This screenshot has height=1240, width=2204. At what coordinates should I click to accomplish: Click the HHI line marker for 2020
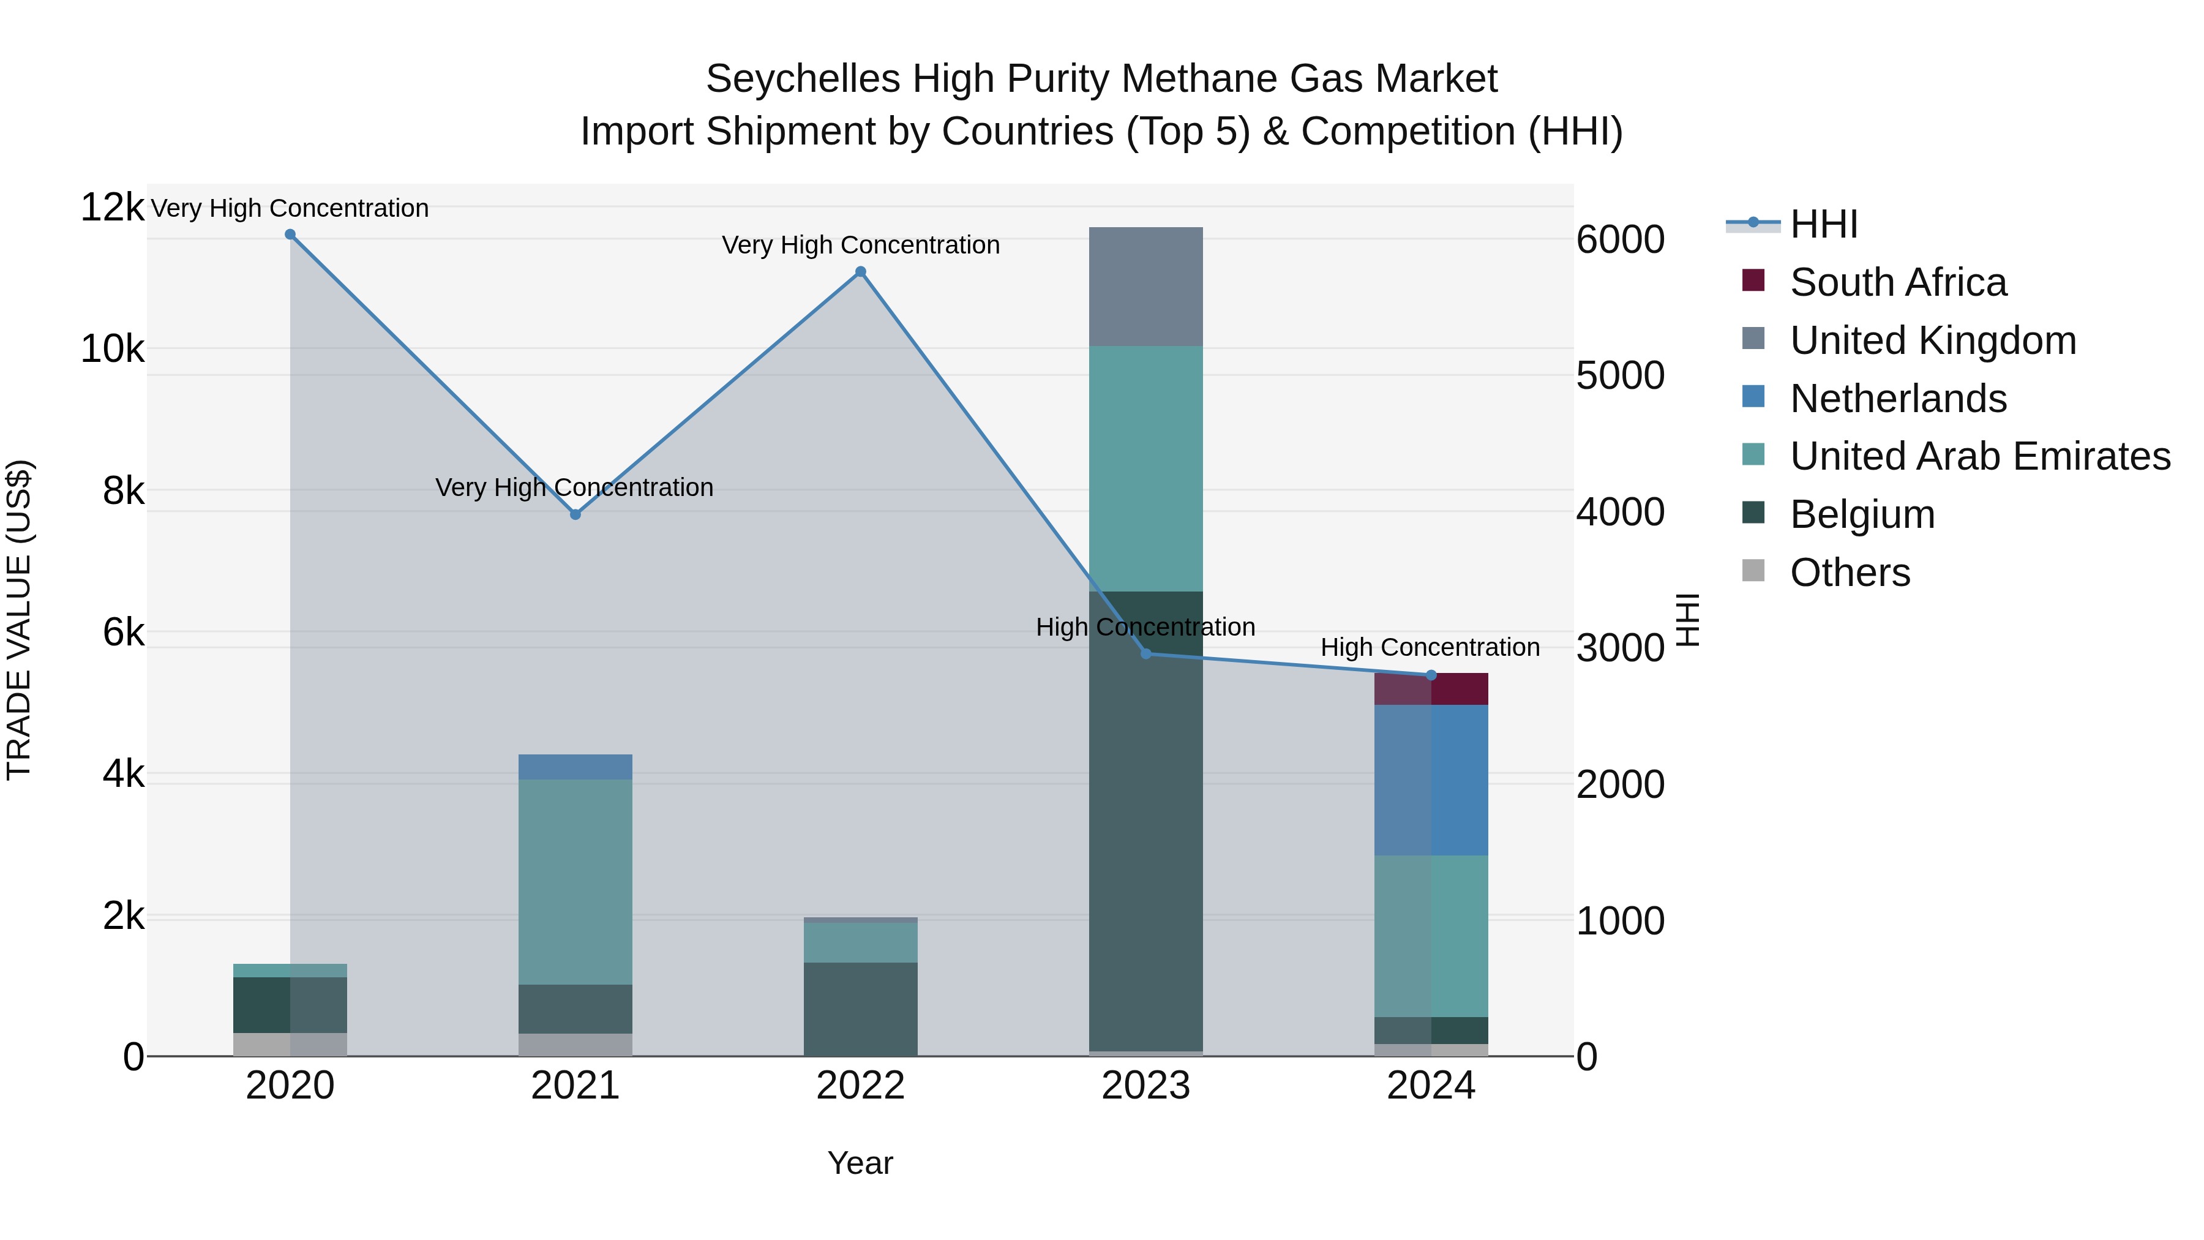click(290, 235)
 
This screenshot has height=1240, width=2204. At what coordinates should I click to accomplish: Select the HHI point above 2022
click(861, 272)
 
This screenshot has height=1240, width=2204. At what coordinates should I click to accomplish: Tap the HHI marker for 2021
click(575, 514)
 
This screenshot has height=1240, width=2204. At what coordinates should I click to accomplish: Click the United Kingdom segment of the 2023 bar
click(1145, 287)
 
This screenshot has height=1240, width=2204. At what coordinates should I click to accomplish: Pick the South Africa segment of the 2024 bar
click(1431, 689)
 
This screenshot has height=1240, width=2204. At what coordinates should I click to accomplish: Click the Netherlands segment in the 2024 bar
click(1431, 780)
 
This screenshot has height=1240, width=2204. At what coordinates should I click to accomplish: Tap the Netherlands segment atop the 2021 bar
click(575, 767)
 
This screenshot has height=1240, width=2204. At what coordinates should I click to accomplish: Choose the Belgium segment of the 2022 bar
click(861, 1009)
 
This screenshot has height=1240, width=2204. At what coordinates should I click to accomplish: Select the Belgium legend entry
click(1862, 514)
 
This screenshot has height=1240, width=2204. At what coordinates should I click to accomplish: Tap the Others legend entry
click(1849, 573)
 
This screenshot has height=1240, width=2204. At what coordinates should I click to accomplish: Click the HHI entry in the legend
click(1823, 224)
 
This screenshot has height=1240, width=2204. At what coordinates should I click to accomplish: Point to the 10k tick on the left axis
click(112, 349)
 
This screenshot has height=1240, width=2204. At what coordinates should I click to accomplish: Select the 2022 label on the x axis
click(861, 1086)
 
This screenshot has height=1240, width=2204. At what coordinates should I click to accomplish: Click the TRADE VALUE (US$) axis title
click(19, 620)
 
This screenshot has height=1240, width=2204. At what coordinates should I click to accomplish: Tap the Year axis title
click(860, 1163)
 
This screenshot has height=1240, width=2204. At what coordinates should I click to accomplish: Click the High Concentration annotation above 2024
click(1430, 647)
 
